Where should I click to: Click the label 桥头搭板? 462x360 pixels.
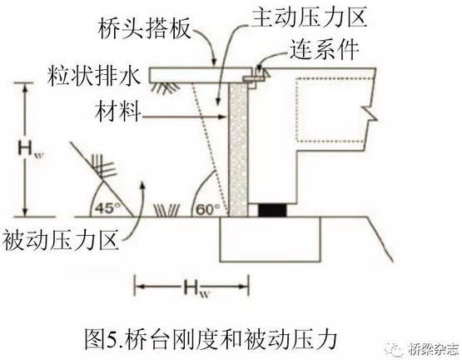[x=144, y=29]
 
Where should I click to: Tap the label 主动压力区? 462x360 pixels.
[x=310, y=16]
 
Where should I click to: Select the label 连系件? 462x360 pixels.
[x=325, y=49]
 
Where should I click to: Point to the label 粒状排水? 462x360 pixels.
[x=94, y=77]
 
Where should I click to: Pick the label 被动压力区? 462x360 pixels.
[x=61, y=241]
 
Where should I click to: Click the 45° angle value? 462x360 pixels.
[x=105, y=209]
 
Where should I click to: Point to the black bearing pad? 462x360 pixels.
[x=272, y=210]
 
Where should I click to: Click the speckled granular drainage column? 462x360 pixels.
[x=238, y=150]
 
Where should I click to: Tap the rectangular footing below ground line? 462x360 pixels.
[x=271, y=239]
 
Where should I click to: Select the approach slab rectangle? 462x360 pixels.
[x=200, y=75]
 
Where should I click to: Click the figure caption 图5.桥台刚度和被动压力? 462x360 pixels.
[x=211, y=339]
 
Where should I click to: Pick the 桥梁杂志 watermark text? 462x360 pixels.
[x=435, y=350]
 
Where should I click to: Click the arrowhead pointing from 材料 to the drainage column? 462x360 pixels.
[x=223, y=117]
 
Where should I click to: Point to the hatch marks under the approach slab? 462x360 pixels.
[x=166, y=87]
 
